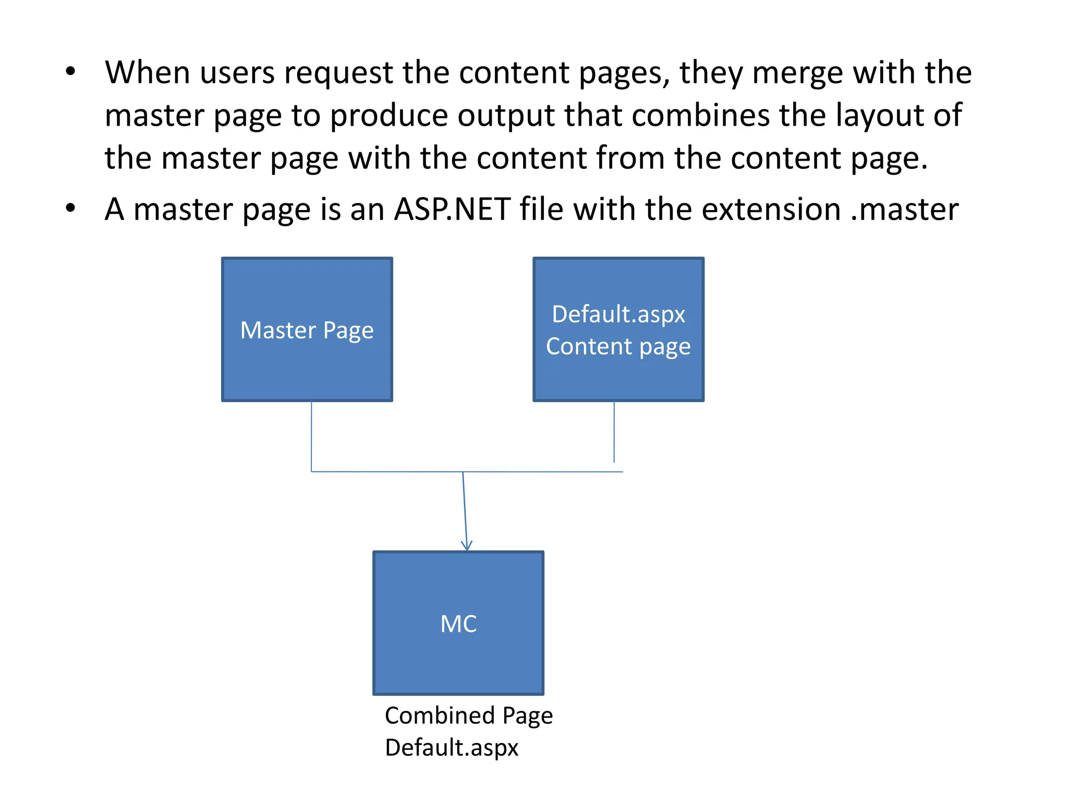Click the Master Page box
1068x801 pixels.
pyautogui.click(x=307, y=330)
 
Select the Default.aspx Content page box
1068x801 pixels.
pyautogui.click(x=618, y=330)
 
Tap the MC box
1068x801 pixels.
pyautogui.click(x=458, y=623)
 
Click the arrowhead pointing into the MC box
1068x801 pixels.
pyautogui.click(x=467, y=546)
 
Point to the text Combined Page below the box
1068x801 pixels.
pyautogui.click(x=468, y=715)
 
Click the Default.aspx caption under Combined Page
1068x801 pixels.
pyautogui.click(x=451, y=747)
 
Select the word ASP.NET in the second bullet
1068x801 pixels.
pyautogui.click(x=452, y=209)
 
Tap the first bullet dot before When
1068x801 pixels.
pyautogui.click(x=70, y=71)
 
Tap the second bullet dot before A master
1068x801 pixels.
pyautogui.click(x=70, y=209)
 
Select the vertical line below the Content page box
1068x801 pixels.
pyautogui.click(x=614, y=432)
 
